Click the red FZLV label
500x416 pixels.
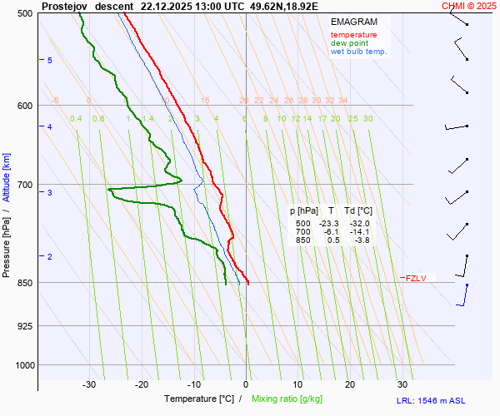tap(416, 278)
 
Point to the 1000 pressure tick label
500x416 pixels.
tap(23, 365)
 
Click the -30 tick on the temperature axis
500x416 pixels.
tap(90, 384)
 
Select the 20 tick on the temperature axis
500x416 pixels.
tap(350, 384)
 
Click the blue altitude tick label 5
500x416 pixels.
tap(49, 61)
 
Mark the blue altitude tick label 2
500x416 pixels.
tap(49, 257)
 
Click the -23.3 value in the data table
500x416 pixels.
tap(330, 224)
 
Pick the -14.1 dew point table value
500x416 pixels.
tap(359, 232)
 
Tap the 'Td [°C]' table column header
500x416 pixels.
tap(359, 211)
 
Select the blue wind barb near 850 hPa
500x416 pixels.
tap(465, 294)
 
